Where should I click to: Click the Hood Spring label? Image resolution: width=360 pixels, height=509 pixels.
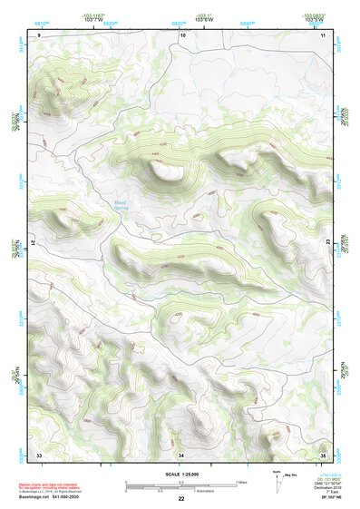tap(121, 205)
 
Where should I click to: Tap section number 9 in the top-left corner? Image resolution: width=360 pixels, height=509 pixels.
tap(40, 34)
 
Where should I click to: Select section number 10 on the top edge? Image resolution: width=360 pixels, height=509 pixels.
tap(182, 34)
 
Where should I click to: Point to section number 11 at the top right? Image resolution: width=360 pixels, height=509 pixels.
tap(324, 34)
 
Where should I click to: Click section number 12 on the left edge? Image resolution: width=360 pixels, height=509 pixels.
tap(32, 244)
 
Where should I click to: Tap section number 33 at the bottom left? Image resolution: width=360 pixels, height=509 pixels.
tap(39, 454)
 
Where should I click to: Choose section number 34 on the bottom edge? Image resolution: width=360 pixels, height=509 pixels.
tap(181, 454)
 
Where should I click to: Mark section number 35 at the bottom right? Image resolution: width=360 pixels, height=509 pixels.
tap(324, 454)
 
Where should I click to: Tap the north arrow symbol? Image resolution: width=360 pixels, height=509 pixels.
tap(276, 477)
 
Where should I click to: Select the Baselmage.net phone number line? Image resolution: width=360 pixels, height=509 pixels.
tap(49, 496)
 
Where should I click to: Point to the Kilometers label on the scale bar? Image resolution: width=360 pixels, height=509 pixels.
tap(209, 490)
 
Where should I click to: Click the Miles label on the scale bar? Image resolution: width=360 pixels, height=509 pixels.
tap(241, 481)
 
